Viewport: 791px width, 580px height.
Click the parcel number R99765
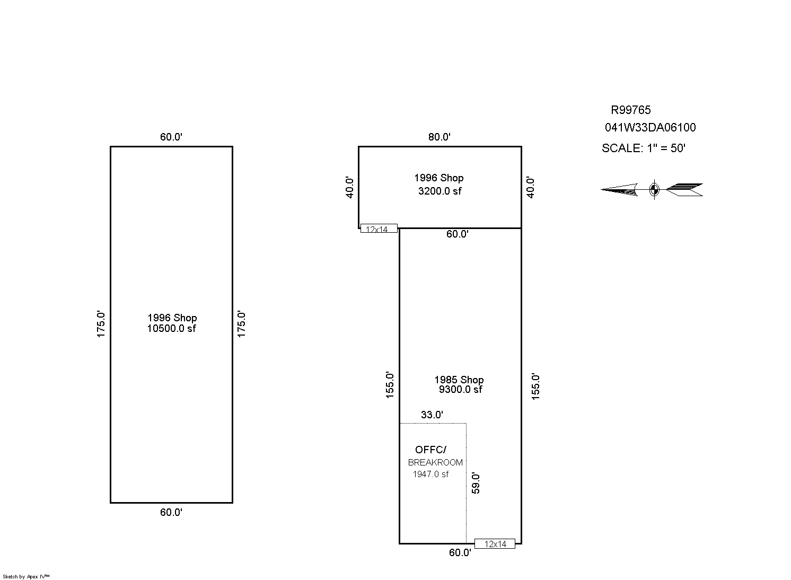[x=631, y=110]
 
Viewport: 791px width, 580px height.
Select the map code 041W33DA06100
[x=650, y=128]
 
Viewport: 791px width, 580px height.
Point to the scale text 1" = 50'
[x=666, y=148]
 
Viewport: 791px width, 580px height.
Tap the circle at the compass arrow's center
[x=654, y=189]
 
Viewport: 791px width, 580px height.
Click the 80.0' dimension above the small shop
[x=440, y=137]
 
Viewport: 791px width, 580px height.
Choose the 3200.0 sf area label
[x=440, y=191]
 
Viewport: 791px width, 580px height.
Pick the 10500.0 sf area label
[x=172, y=329]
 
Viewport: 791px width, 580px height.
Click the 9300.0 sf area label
[x=460, y=389]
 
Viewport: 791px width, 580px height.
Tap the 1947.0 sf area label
[x=430, y=474]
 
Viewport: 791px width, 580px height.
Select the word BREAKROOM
[x=435, y=462]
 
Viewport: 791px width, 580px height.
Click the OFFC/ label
[x=430, y=450]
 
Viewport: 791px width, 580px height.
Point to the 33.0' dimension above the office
[x=432, y=415]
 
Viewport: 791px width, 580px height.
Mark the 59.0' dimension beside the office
[x=476, y=484]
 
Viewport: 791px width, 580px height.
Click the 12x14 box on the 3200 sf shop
[x=379, y=228]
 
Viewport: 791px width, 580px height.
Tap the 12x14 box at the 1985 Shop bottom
[x=495, y=543]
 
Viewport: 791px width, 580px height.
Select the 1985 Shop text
[x=459, y=380]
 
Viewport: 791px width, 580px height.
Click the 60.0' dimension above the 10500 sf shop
[x=171, y=137]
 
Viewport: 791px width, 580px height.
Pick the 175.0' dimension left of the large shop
[x=101, y=324]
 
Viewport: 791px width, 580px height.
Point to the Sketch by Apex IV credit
[x=26, y=576]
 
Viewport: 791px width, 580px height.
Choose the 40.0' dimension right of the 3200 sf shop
[x=530, y=187]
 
